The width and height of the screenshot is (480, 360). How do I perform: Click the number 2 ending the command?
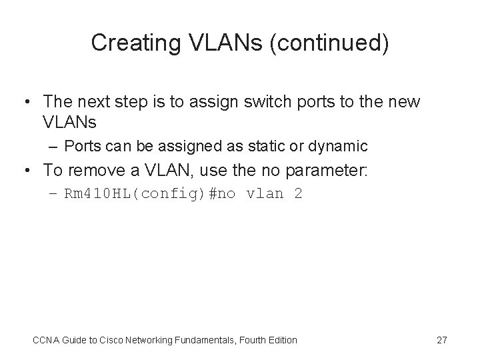[x=298, y=195]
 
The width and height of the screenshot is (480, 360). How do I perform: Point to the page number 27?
[x=441, y=340]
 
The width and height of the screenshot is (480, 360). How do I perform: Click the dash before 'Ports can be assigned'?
[x=52, y=146]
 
